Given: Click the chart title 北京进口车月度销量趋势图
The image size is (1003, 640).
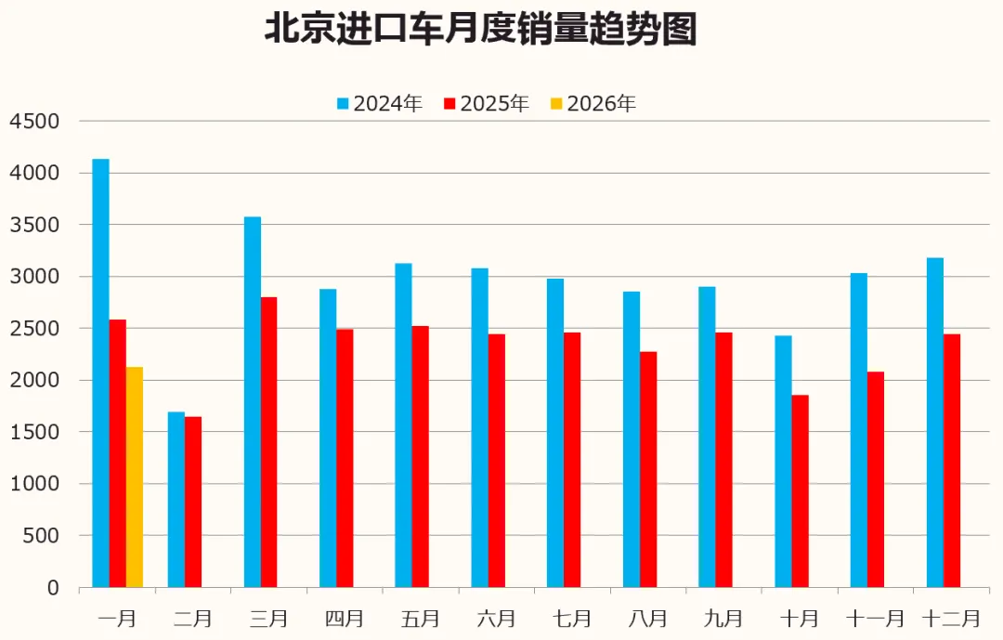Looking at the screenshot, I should (x=480, y=30).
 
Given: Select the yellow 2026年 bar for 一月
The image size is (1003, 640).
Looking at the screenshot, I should (x=135, y=477).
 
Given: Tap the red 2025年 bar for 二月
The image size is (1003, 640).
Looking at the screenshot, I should (x=193, y=502).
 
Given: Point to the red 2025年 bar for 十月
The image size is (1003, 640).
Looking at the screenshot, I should (x=801, y=491).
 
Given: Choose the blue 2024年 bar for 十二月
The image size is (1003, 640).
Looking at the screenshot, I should (x=935, y=423).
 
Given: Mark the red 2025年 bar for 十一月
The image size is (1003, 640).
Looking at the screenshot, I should (x=876, y=479).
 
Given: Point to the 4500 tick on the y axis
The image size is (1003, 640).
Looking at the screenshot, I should (x=34, y=122).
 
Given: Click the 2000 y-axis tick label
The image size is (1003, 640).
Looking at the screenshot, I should (x=34, y=381).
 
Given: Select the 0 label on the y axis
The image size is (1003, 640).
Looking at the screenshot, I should (x=52, y=588).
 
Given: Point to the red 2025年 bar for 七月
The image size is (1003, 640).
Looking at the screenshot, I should (x=572, y=460).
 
